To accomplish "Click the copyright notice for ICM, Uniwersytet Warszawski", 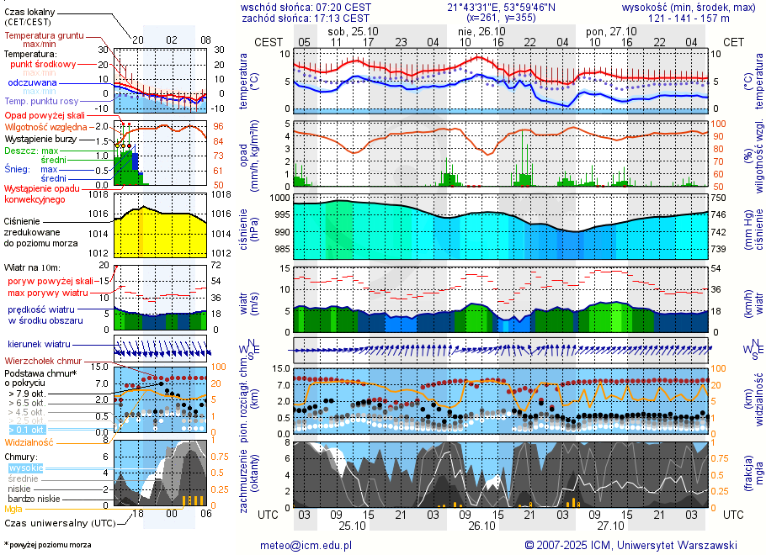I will (x=630, y=545).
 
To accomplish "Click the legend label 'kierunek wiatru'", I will (x=40, y=345).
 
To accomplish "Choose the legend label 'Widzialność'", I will (x=29, y=441).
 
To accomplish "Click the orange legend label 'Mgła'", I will (x=13, y=509).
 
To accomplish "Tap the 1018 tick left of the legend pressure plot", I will (x=100, y=195).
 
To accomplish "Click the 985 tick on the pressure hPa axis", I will (x=281, y=249).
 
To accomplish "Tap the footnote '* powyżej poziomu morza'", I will (x=47, y=545).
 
